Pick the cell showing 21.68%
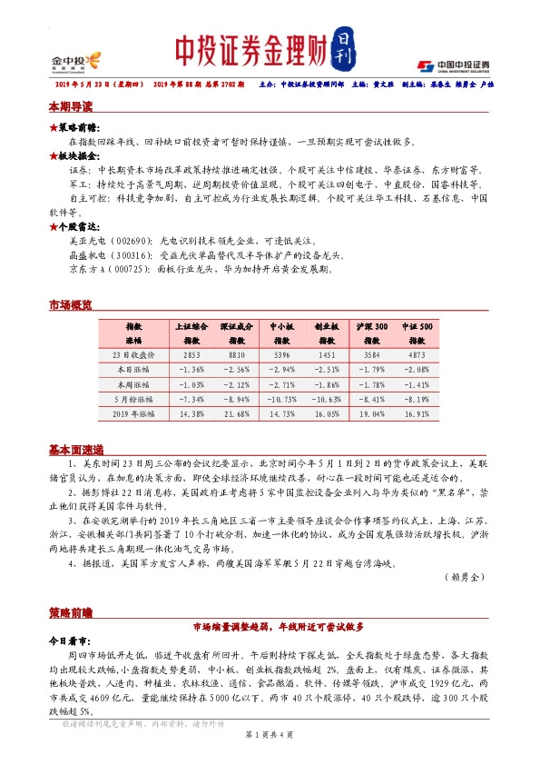(x=237, y=414)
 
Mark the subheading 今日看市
(x=69, y=640)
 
